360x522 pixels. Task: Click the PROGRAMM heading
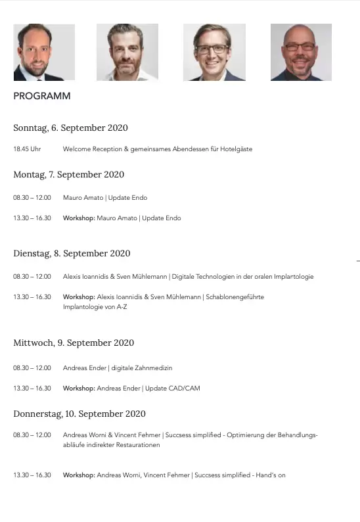pyautogui.click(x=42, y=96)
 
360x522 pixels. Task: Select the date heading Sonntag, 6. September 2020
pyautogui.click(x=70, y=128)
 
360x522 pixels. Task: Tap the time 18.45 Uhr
pyautogui.click(x=27, y=149)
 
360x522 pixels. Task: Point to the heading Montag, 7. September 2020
pyautogui.click(x=68, y=174)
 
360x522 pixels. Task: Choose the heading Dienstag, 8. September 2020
pyautogui.click(x=72, y=253)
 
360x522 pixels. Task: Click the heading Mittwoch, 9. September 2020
pyautogui.click(x=74, y=343)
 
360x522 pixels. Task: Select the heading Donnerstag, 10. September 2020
pyautogui.click(x=79, y=414)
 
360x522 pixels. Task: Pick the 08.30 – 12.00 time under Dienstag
pyautogui.click(x=32, y=277)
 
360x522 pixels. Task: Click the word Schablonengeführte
pyautogui.click(x=235, y=297)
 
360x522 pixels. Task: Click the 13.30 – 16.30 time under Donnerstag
pyautogui.click(x=32, y=475)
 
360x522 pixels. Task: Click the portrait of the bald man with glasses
pyautogui.click(x=301, y=53)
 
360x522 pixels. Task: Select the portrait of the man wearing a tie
pyautogui.click(x=44, y=53)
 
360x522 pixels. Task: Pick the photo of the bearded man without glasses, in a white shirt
pyautogui.click(x=127, y=53)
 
